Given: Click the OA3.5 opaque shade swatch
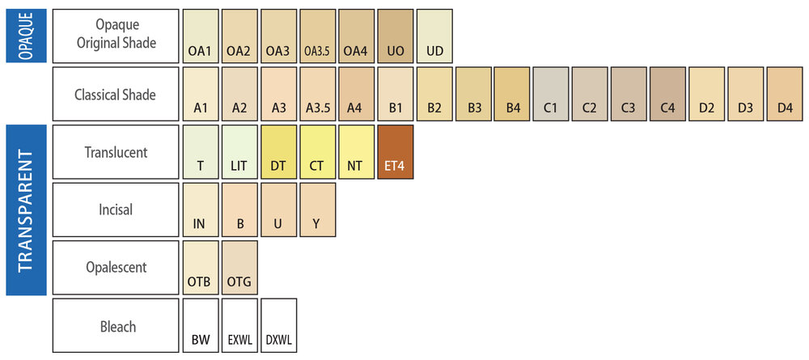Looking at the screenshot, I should tap(317, 36).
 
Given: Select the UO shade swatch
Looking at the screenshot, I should tap(396, 36).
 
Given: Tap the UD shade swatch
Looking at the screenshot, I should tap(434, 36).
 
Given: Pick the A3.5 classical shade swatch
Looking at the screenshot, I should tap(317, 94).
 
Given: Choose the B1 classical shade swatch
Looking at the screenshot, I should tap(396, 94).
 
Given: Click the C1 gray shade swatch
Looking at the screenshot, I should tap(551, 94).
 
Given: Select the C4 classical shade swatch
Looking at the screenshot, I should tap(667, 94).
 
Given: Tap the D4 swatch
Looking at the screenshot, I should tap(784, 94).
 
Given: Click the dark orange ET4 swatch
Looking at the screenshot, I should tap(396, 151).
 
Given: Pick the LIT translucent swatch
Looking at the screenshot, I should tap(239, 151).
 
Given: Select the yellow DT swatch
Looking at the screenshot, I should tap(278, 151).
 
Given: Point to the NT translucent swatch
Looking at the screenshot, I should tap(357, 151).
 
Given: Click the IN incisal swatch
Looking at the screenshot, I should tap(201, 210).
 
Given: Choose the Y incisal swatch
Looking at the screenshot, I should tap(317, 210).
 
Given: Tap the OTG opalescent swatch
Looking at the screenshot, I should tap(239, 267).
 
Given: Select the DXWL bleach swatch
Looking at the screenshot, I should tap(278, 325).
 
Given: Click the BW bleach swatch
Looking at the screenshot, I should tap(201, 325).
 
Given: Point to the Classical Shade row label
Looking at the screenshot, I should tap(115, 94).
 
